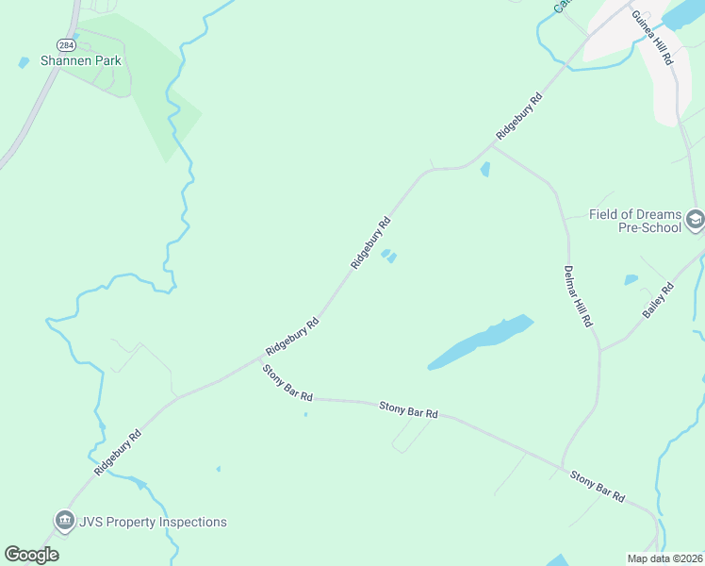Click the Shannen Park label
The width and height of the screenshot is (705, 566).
click(81, 60)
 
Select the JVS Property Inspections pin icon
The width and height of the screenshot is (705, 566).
click(63, 520)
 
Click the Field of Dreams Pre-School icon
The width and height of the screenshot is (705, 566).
click(695, 221)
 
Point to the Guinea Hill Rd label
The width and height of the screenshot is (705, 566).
click(652, 38)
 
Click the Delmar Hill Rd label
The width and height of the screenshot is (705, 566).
click(577, 295)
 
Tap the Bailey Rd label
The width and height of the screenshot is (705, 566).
click(659, 300)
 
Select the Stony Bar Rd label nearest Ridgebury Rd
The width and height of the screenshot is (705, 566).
click(287, 382)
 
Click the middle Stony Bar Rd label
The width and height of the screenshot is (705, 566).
click(409, 408)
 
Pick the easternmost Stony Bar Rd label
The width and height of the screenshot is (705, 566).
click(598, 486)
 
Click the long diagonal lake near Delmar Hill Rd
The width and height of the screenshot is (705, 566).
click(482, 341)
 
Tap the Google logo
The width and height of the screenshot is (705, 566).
click(31, 555)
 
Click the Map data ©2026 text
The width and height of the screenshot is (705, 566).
click(664, 558)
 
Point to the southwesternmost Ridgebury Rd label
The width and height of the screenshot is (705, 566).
click(118, 452)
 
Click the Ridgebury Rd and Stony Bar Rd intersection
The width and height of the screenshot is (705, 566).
click(261, 358)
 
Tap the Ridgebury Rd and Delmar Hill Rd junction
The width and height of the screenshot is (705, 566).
click(492, 145)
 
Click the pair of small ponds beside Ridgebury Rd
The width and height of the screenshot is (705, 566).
click(388, 256)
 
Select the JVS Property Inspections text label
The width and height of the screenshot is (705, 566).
click(153, 522)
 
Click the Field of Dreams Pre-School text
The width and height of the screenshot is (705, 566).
click(635, 221)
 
